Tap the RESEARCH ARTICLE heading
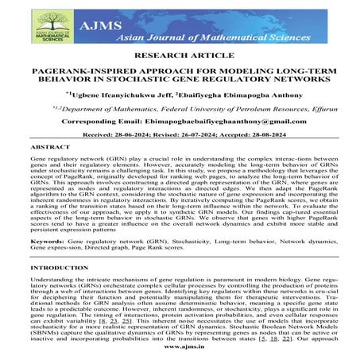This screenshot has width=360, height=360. tap(179, 58)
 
